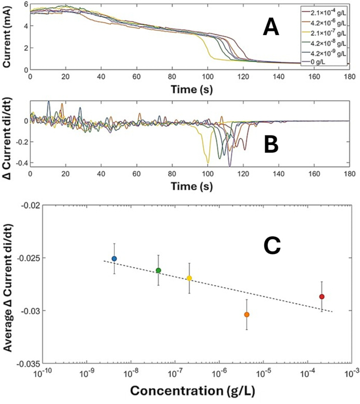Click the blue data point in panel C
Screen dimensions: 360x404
coord(114,259)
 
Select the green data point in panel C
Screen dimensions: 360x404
coord(158,270)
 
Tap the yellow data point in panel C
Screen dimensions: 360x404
coord(189,278)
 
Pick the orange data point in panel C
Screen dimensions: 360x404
coord(247,315)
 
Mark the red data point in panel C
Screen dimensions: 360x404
coord(321,297)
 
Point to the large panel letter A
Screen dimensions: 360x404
coord(271,28)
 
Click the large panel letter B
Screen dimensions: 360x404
coord(271,145)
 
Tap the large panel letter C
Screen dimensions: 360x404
coord(272,246)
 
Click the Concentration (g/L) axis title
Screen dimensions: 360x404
coord(192,391)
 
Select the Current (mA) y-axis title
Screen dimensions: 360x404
coord(7,37)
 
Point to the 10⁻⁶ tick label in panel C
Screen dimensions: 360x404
coord(219,373)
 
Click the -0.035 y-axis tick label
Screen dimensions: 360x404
coord(28,364)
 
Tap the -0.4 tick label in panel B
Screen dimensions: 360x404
coord(23,163)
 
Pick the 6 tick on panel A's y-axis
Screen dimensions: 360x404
coord(26,5)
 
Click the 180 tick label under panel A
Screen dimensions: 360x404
coord(349,77)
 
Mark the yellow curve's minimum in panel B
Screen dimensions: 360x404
coord(208,163)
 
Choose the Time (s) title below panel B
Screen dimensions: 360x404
coord(192,186)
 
